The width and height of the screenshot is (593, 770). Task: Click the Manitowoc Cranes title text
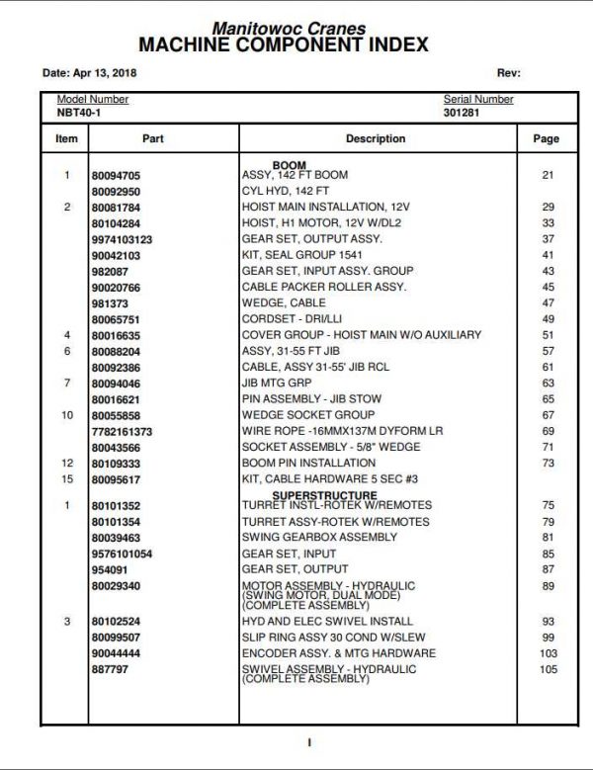pyautogui.click(x=289, y=30)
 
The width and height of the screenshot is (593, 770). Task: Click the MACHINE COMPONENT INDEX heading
pyautogui.click(x=284, y=45)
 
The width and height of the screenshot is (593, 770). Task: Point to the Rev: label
pyautogui.click(x=508, y=73)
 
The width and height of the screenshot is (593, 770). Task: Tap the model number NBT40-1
pyautogui.click(x=78, y=113)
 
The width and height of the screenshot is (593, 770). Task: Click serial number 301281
pyautogui.click(x=460, y=113)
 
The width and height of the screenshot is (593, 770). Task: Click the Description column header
pyautogui.click(x=376, y=139)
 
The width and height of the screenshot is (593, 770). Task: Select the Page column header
pyautogui.click(x=547, y=139)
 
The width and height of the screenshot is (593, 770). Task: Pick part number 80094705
pyautogui.click(x=116, y=175)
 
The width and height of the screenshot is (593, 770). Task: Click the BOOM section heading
pyautogui.click(x=289, y=165)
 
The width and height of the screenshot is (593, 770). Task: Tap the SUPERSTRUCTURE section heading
pyautogui.click(x=324, y=495)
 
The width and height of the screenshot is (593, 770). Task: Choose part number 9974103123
pyautogui.click(x=122, y=239)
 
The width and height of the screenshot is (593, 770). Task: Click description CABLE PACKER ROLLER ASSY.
pyautogui.click(x=323, y=287)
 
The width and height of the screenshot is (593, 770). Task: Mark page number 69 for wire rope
pyautogui.click(x=549, y=431)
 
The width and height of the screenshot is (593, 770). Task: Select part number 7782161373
pyautogui.click(x=122, y=431)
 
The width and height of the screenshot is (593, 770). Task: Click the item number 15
pyautogui.click(x=67, y=479)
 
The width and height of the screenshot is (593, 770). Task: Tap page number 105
pyautogui.click(x=549, y=670)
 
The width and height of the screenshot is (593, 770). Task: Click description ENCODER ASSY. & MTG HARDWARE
pyautogui.click(x=339, y=653)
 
